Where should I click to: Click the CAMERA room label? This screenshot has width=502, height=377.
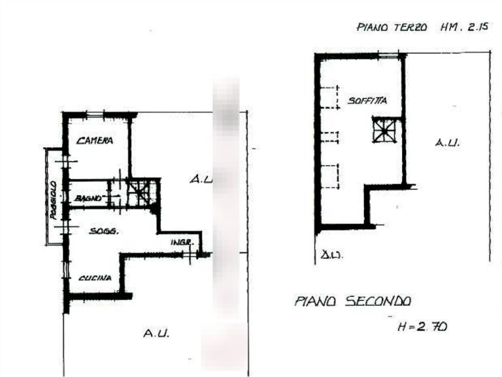coord(96,140)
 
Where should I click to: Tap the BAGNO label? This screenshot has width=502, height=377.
coord(90,198)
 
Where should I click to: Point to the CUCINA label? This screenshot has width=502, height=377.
coord(93,279)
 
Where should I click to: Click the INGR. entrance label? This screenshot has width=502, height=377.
coord(180,243)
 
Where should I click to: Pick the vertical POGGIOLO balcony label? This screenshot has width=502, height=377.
coord(55,199)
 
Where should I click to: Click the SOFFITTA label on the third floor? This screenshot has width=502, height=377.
coord(369,101)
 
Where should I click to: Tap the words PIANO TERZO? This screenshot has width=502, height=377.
coord(392,28)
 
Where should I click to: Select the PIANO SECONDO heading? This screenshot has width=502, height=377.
coord(353,301)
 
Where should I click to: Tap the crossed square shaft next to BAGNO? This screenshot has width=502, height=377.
coord(139,191)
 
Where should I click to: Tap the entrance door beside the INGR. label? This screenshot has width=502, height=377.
coord(190,255)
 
